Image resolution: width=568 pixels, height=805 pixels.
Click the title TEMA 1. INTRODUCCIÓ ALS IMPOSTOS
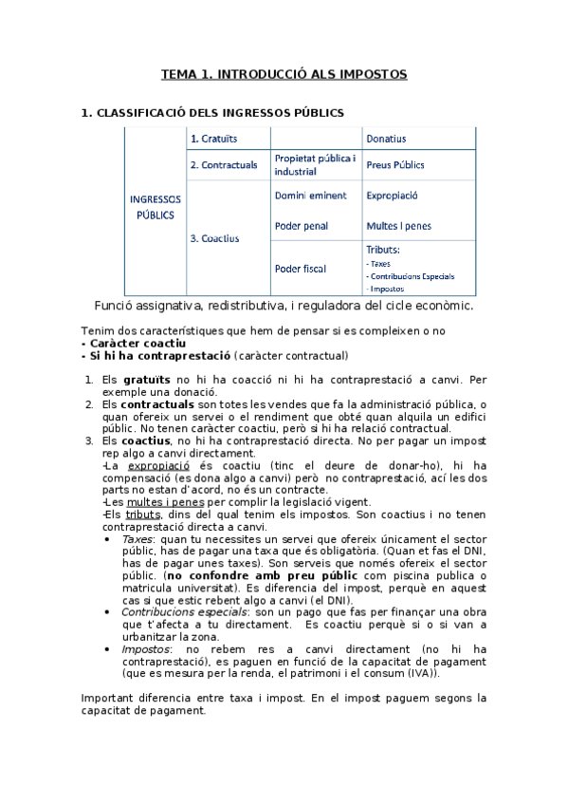(284, 73)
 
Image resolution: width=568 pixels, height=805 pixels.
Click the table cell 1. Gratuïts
(213, 139)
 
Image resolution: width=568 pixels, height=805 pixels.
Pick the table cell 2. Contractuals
(224, 165)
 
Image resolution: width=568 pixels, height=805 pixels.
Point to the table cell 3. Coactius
(214, 238)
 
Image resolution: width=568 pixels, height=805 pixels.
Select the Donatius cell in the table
(386, 139)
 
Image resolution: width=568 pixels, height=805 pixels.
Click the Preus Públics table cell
(394, 165)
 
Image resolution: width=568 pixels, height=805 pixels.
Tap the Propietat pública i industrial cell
(314, 165)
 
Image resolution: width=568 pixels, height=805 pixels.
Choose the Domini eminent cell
(310, 196)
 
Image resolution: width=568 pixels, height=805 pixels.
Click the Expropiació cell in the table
(392, 196)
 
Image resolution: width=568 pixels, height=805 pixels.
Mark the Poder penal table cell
(303, 226)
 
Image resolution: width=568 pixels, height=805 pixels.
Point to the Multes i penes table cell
(397, 226)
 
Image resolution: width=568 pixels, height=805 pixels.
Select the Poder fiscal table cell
(300, 269)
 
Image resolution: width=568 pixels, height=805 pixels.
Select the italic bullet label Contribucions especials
(177, 612)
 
